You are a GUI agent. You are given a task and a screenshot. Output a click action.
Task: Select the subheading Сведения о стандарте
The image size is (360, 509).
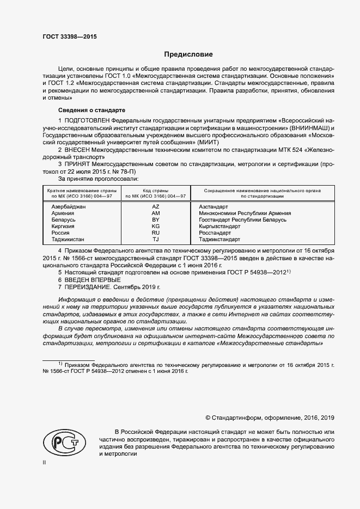[x=80, y=109]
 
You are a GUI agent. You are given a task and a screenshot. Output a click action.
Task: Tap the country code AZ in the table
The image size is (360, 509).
[x=156, y=207]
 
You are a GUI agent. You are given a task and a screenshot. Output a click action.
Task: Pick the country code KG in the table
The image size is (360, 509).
[x=156, y=226]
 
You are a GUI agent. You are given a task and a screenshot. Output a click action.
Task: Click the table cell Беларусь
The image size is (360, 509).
[x=63, y=220]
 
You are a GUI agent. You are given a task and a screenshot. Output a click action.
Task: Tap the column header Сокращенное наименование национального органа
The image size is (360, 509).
[x=263, y=191]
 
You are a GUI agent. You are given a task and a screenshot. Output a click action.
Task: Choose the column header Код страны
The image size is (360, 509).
[x=156, y=191]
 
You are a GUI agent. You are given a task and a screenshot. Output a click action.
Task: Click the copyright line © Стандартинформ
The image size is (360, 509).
[x=270, y=418]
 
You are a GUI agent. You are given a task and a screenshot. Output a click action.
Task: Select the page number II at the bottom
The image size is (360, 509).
[x=45, y=462]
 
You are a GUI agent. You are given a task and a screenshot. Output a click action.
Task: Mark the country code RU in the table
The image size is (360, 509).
[x=156, y=232]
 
